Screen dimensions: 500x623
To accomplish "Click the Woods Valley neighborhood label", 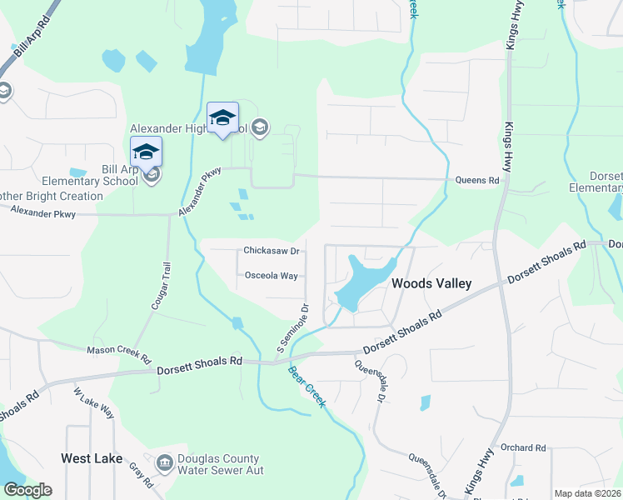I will click(x=431, y=283).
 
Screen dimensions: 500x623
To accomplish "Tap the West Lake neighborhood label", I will click(x=92, y=458).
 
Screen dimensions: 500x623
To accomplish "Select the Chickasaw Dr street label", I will click(x=271, y=250).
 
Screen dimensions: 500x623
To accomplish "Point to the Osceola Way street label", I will click(x=271, y=275).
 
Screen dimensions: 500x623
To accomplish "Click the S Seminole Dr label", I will click(x=292, y=327).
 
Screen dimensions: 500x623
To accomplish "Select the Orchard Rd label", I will click(x=523, y=447).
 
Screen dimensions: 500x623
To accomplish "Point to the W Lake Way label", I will click(x=93, y=403).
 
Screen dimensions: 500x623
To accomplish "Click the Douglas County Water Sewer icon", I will click(x=164, y=461).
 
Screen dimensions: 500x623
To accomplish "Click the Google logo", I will click(x=27, y=490).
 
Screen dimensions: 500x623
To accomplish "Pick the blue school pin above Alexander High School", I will click(x=222, y=118).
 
